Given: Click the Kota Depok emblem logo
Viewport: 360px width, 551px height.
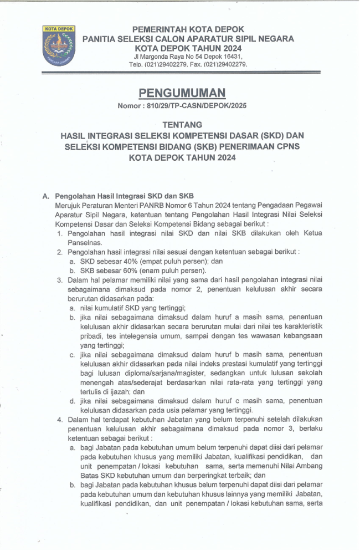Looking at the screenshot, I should click(x=58, y=45).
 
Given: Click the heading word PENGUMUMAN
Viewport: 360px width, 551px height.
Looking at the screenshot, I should click(x=182, y=93).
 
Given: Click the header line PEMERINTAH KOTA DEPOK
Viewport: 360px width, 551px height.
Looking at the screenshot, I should click(x=188, y=29).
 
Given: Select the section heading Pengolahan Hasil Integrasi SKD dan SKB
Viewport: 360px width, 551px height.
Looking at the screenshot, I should click(x=124, y=196).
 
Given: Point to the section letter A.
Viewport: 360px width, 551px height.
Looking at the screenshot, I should click(x=46, y=196).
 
